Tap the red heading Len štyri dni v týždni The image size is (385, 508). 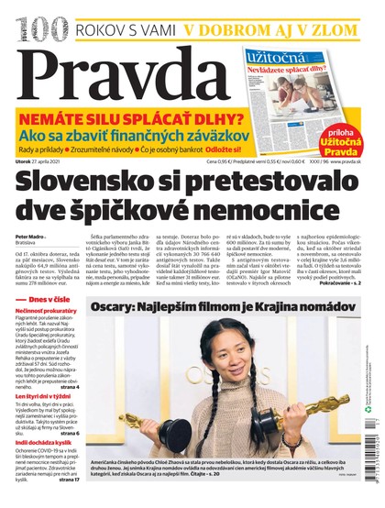[x=49, y=396]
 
